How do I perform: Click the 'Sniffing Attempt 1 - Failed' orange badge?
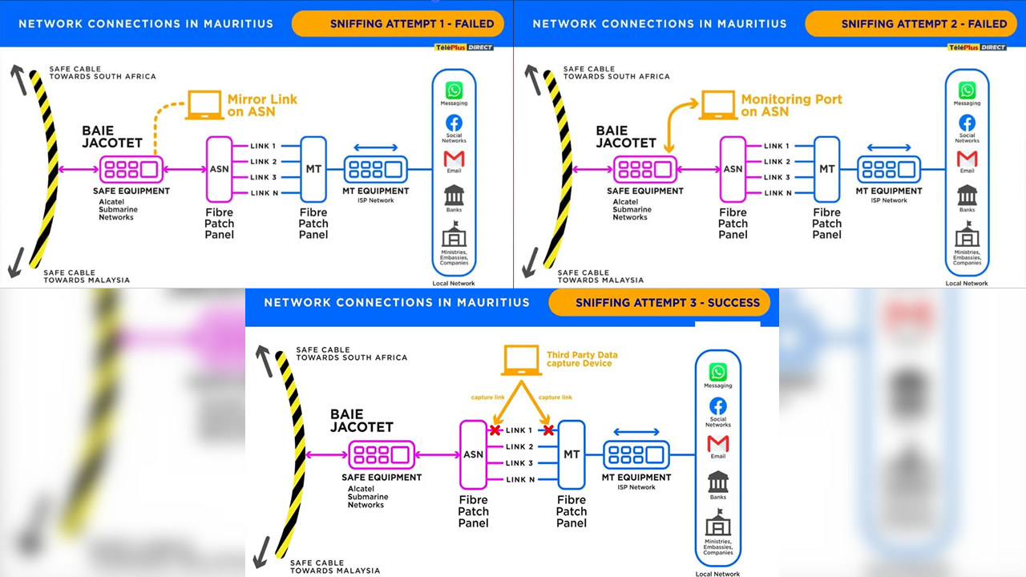pos(398,24)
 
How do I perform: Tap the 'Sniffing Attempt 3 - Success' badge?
pos(660,303)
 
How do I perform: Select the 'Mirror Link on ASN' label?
pos(262,105)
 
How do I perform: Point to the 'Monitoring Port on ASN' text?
pos(791,105)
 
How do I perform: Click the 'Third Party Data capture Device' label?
pos(582,359)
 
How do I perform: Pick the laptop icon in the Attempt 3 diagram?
pos(521,361)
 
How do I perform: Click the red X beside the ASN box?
pos(495,430)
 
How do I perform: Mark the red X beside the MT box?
pos(548,430)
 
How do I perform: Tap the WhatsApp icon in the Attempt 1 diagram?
pos(454,90)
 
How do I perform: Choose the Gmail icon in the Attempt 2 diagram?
pos(967,159)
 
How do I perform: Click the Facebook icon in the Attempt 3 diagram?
pos(718,406)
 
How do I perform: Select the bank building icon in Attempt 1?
pos(454,195)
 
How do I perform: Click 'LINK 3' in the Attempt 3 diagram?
pos(519,463)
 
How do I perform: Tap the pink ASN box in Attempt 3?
pos(473,454)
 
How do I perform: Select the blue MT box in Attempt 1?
pos(313,169)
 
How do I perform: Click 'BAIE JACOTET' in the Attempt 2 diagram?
pos(626,137)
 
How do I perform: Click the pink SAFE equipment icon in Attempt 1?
pos(130,170)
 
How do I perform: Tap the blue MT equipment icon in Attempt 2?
pos(889,170)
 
